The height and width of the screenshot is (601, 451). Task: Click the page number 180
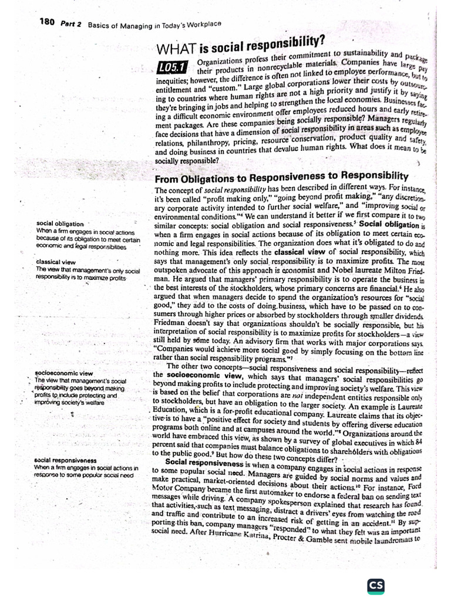pyautogui.click(x=47, y=22)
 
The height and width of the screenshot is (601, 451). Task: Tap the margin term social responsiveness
pyautogui.click(x=66, y=461)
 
